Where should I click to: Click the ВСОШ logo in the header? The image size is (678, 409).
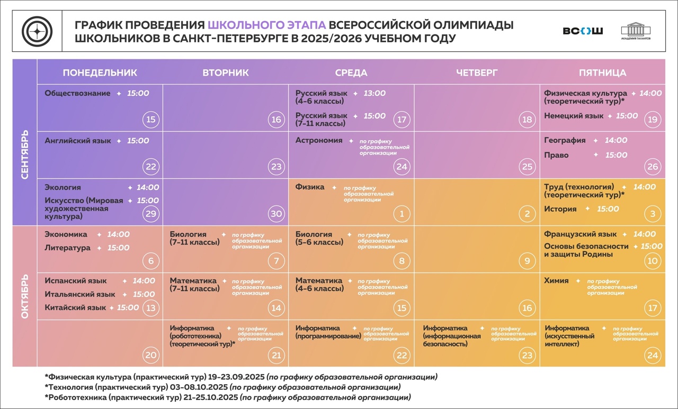pos(583,31)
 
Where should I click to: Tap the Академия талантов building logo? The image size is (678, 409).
pos(636,31)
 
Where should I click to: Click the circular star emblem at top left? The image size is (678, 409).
pos(37,31)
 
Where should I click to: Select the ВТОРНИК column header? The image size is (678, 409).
pos(226,73)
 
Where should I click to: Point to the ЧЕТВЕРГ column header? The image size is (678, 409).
pos(477,73)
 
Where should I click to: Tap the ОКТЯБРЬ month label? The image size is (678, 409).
pos(25,296)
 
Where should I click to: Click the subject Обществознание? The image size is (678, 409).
pos(77,94)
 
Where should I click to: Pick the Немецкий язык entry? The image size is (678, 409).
pos(574,116)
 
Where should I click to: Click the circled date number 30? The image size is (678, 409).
pos(276,214)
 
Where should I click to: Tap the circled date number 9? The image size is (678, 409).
pos(527,261)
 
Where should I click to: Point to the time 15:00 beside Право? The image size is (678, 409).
pos(617,155)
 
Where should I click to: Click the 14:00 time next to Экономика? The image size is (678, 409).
pos(118,234)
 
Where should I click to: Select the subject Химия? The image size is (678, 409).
pos(556,281)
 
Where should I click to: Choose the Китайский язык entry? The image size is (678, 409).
pos(75,307)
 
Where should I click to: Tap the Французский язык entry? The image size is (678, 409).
pos(581,234)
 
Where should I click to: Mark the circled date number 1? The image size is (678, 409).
pos(402,214)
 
